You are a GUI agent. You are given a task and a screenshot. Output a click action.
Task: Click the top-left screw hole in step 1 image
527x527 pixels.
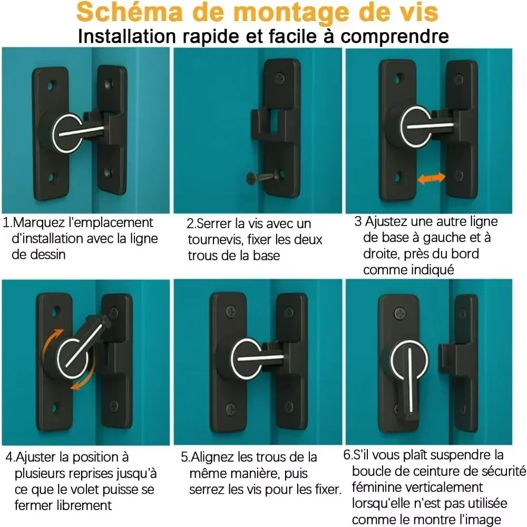51,84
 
